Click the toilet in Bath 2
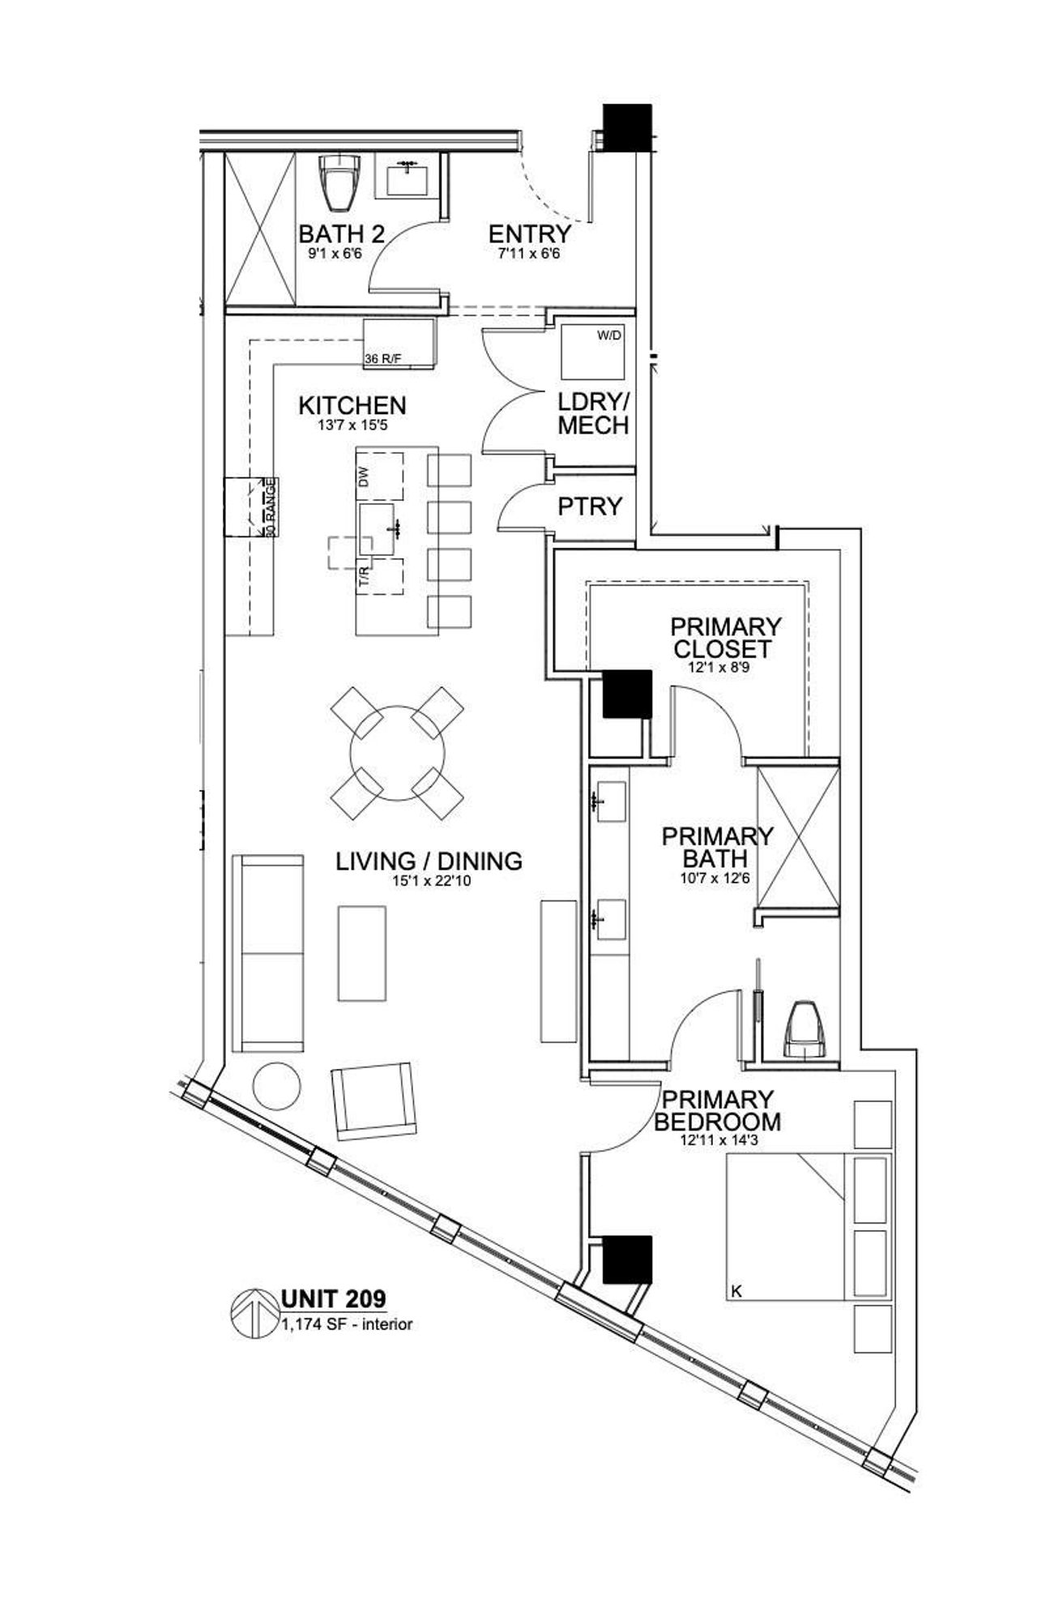click(340, 182)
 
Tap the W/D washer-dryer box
click(594, 352)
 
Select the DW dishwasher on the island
click(378, 476)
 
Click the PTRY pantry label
click(590, 507)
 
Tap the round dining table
click(397, 753)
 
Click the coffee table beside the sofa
click(362, 953)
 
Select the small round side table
click(276, 1086)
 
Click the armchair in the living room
click(373, 1100)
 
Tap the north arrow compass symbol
click(254, 1313)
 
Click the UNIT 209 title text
click(334, 1299)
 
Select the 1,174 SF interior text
click(347, 1325)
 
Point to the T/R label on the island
click(365, 578)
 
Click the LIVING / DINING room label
click(429, 861)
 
